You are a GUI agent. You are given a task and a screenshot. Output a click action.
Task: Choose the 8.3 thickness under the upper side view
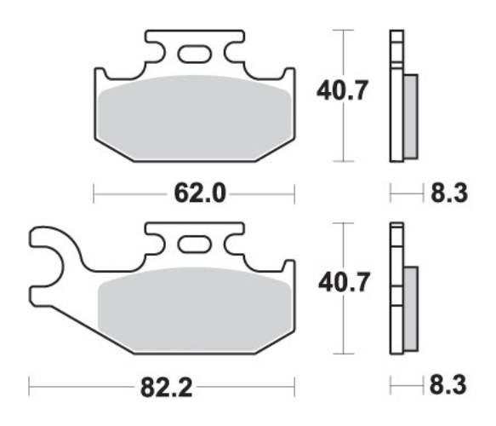pyautogui.click(x=448, y=194)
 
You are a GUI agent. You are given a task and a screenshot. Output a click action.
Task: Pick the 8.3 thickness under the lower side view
pyautogui.click(x=448, y=387)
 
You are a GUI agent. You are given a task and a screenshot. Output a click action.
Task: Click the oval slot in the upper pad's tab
pyautogui.click(x=193, y=54)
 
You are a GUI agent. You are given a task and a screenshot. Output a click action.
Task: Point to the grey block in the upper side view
pyautogui.click(x=409, y=115)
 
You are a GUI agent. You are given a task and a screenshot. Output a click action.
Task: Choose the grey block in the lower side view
pyautogui.click(x=409, y=307)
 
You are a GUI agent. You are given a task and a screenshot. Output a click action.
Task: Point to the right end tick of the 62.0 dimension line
pyautogui.click(x=294, y=194)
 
